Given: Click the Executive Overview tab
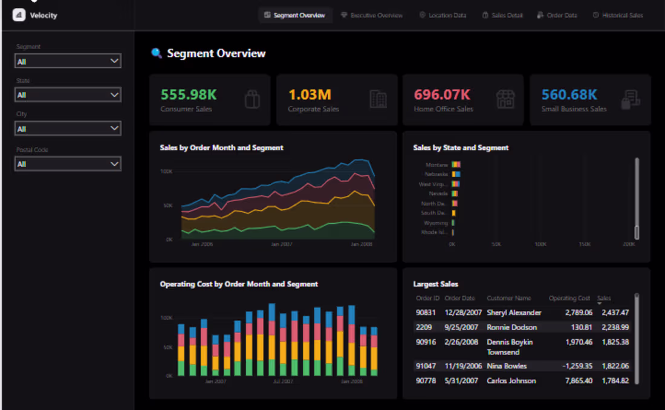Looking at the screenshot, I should click(372, 15).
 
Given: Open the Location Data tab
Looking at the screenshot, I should click(443, 15).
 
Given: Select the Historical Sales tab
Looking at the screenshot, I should click(618, 15).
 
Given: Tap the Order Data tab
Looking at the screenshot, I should click(557, 15).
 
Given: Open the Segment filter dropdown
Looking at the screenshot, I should click(68, 61).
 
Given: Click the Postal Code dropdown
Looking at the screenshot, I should click(68, 164).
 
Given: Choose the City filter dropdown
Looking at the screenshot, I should click(68, 129).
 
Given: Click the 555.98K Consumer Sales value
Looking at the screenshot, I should click(189, 94).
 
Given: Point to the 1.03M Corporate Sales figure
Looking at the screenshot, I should click(310, 94).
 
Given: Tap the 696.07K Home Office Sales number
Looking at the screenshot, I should click(442, 94).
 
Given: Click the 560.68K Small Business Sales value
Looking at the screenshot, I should click(569, 94).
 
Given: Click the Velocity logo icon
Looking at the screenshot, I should click(19, 15).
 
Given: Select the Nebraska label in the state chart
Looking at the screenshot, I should click(436, 174).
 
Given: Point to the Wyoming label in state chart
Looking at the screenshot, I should click(436, 223).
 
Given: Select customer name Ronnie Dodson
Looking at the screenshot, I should click(511, 327).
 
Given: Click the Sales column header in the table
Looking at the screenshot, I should click(604, 298).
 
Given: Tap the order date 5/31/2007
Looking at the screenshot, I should click(461, 381).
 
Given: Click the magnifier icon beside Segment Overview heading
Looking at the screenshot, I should click(157, 53).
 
